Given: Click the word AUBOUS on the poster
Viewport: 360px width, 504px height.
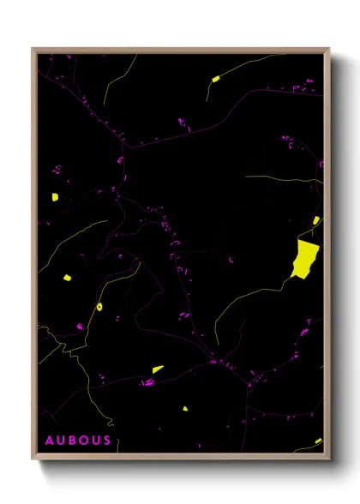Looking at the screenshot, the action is (78, 441).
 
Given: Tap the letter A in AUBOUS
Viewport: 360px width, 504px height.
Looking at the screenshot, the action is (50, 441).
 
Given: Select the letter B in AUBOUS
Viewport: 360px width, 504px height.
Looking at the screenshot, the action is (73, 441).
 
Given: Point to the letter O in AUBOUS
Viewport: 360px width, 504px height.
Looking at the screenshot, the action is (84, 441).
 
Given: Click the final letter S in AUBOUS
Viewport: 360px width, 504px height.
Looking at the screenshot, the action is (106, 441).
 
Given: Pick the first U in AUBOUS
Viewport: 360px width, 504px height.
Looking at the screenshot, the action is (61, 441).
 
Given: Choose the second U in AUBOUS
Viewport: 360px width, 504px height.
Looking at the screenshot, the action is (95, 441).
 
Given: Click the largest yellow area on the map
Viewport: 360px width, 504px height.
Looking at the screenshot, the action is (304, 258).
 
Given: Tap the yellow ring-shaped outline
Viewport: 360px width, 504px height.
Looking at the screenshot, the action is (99, 305).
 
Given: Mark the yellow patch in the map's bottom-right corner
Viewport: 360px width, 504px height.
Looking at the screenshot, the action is (318, 441).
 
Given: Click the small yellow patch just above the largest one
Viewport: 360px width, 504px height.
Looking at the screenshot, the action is (316, 221).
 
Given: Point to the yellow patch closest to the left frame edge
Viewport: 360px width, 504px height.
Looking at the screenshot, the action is (54, 197).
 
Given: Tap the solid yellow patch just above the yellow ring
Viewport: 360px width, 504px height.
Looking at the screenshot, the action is (66, 278).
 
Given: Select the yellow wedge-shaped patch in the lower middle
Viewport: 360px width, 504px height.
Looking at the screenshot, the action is (158, 369).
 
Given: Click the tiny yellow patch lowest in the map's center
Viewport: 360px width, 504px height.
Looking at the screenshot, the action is (184, 408).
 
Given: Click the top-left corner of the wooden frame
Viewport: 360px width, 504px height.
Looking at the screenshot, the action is (33, 49).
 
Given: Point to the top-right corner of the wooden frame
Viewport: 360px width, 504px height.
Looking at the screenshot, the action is (328, 49).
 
